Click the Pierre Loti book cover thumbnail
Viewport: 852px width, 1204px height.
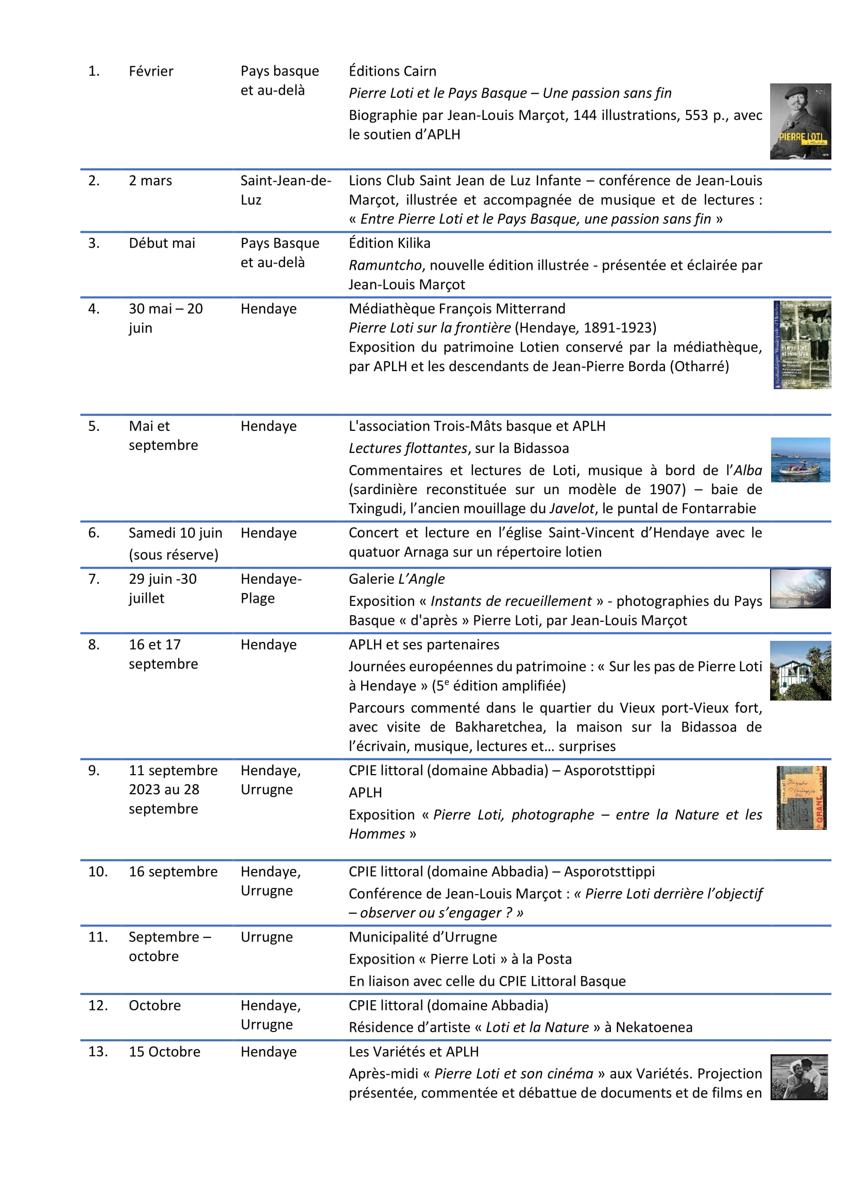[799, 121]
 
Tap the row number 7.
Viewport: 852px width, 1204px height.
[93, 579]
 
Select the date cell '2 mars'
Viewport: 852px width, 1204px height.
[150, 180]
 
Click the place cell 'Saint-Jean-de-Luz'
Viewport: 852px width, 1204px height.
[285, 190]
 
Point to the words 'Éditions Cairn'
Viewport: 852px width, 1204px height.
[392, 71]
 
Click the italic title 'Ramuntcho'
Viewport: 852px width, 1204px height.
[385, 265]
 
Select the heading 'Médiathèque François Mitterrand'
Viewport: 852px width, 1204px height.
[456, 308]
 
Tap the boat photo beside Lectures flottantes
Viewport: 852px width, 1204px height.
[800, 459]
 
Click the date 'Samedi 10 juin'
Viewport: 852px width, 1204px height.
[175, 533]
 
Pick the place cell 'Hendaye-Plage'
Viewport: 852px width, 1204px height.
[271, 588]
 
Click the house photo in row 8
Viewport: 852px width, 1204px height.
[799, 670]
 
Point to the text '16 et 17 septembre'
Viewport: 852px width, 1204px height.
[163, 654]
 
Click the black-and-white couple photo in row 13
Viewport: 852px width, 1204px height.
[798, 1077]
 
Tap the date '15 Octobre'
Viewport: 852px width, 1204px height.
[164, 1052]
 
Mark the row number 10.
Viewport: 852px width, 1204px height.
[97, 871]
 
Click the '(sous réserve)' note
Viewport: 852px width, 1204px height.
[173, 554]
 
